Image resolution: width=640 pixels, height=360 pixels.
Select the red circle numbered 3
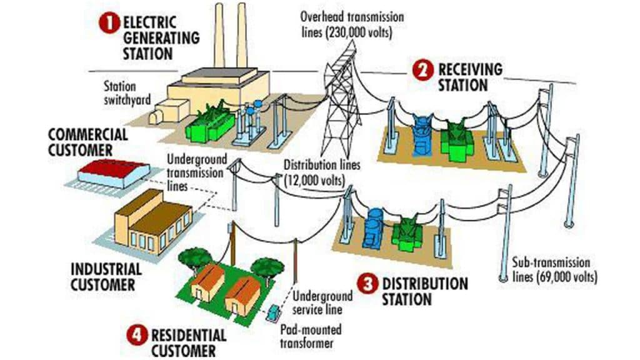368,284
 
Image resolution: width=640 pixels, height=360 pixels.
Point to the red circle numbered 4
136,334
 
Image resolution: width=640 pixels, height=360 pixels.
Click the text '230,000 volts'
358,33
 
